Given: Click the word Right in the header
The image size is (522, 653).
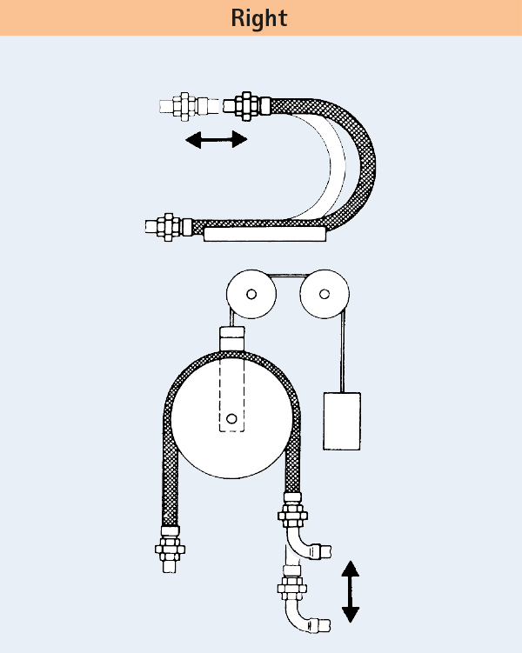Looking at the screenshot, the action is click(259, 18).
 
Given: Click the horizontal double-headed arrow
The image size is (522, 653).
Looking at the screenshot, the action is click(217, 139).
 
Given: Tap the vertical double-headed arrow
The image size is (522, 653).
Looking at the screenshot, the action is click(351, 591).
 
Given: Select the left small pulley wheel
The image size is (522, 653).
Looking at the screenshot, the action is click(251, 294).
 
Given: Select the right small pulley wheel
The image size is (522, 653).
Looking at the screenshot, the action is click(325, 294).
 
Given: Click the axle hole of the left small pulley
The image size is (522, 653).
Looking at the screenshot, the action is click(251, 294).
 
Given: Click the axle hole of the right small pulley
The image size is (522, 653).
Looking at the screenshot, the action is click(325, 294).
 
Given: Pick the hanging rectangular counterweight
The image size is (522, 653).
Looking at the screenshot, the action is click(342, 421).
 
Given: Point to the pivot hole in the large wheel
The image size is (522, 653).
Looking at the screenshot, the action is click(231, 418).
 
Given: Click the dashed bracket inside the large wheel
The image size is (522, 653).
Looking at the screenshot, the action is click(231, 395).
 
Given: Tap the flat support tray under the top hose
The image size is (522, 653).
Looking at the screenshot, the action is click(264, 234).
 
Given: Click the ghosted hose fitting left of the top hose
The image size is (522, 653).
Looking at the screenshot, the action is click(189, 107).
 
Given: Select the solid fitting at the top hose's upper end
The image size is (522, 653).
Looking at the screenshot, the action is click(247, 106).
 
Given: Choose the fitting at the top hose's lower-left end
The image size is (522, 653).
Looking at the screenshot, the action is click(169, 227).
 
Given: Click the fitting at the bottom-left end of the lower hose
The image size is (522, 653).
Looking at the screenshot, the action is click(170, 549).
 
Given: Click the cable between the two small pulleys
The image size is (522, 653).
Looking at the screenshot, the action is click(288, 276).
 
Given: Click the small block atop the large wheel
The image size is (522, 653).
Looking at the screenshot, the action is click(232, 339).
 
